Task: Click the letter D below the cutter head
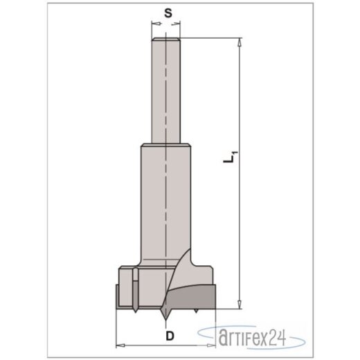(166, 335)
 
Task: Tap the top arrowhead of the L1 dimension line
(239, 43)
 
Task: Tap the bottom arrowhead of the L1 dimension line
(239, 303)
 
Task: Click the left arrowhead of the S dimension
(154, 26)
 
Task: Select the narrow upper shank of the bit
(166, 90)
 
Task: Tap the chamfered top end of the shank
(166, 39)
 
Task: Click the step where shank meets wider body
(166, 143)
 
